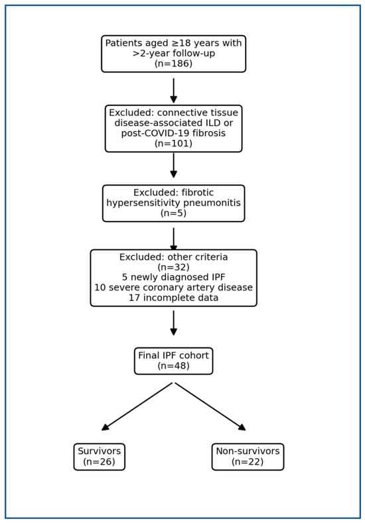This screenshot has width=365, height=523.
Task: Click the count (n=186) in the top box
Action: click(x=173, y=64)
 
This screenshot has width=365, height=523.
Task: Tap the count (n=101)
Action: click(x=173, y=143)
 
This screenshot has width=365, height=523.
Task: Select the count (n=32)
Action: click(x=173, y=267)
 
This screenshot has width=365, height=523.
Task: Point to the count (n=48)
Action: click(x=173, y=366)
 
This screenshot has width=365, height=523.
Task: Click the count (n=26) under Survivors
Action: click(x=99, y=461)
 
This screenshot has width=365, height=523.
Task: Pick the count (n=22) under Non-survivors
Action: click(x=248, y=461)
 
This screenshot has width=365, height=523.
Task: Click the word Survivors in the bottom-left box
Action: click(x=99, y=451)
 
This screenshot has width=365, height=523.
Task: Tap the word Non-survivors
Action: click(x=248, y=451)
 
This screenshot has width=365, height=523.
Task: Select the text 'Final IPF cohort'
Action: click(x=174, y=355)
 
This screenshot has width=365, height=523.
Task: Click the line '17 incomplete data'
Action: click(x=174, y=298)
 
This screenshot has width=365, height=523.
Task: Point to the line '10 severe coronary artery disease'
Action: click(x=174, y=288)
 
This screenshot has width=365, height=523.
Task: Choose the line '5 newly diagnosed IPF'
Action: click(x=174, y=277)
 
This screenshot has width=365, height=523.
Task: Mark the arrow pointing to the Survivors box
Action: click(x=137, y=406)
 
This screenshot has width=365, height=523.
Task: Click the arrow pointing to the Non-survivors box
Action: click(x=210, y=406)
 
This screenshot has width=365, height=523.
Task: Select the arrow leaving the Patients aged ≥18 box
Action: click(x=174, y=91)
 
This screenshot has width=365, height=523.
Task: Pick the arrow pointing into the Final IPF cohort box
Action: click(x=174, y=323)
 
